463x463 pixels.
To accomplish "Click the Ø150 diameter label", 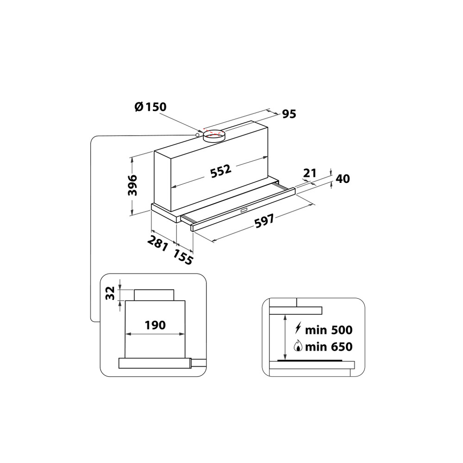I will (x=150, y=107).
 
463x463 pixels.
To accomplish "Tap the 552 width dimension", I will (x=220, y=171).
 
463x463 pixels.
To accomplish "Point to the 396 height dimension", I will (x=132, y=186).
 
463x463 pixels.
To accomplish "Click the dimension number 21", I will (x=309, y=173).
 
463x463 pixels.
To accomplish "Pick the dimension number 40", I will (x=343, y=179).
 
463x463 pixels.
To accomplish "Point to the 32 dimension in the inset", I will (x=109, y=294).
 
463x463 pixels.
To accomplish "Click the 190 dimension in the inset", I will (x=155, y=325).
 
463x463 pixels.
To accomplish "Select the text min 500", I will (x=329, y=330).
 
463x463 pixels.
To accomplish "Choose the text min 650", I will (x=329, y=346).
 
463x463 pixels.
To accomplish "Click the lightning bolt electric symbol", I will (x=298, y=330).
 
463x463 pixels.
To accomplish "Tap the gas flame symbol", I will (x=299, y=346).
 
